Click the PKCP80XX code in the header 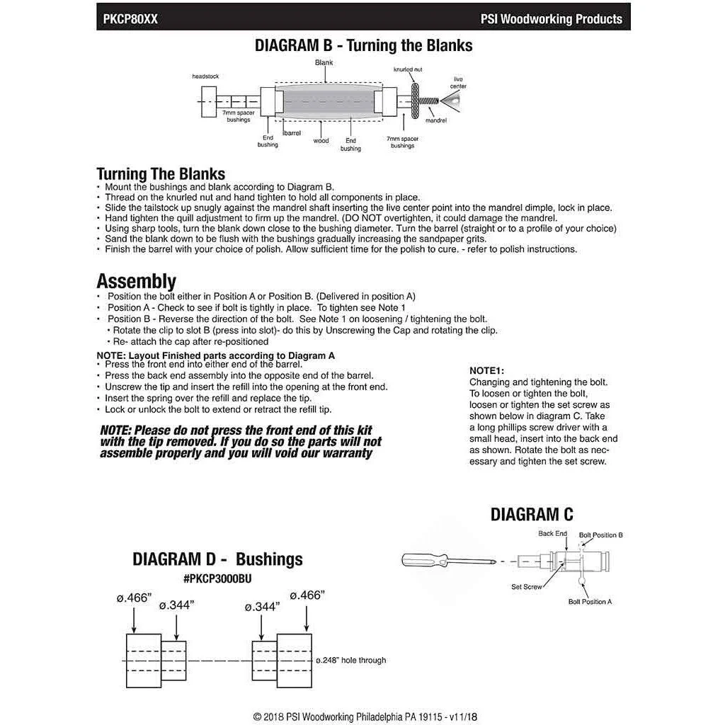pos(130,19)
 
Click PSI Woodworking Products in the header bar pos(551,19)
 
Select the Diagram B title pos(363,46)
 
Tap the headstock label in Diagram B pos(205,76)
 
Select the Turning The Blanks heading pos(161,173)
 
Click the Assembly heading pos(136,282)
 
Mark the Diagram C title pos(532,514)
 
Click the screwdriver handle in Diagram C pos(419,560)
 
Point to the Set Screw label pos(527,587)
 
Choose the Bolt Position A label pos(590,601)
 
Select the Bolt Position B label pos(600,535)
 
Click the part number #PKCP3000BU pos(217,578)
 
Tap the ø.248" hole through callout pos(350,660)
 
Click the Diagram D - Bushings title pos(217,559)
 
